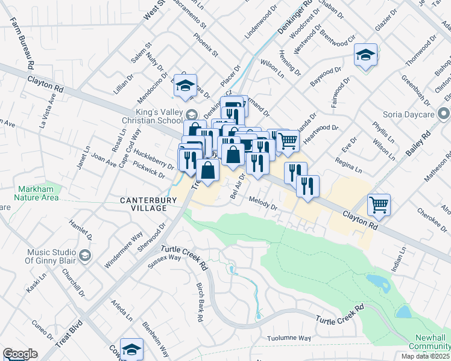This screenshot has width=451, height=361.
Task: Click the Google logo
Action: pyautogui.click(x=20, y=354)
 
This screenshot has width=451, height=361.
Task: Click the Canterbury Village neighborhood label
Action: pyautogui.click(x=143, y=203)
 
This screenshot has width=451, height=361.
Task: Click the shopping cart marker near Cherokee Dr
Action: pyautogui.click(x=379, y=205)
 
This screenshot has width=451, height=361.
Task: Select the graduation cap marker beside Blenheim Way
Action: pyautogui.click(x=131, y=349)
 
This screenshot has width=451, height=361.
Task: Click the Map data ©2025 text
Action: pyautogui.click(x=426, y=356)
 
